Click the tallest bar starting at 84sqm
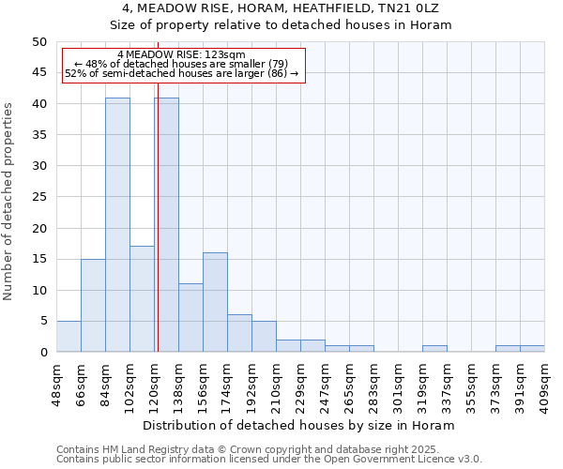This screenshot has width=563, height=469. coord(117,225)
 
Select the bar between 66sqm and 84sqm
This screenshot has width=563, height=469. coord(93,305)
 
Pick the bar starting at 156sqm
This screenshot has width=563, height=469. coord(215,302)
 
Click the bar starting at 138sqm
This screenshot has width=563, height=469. coord(190,317)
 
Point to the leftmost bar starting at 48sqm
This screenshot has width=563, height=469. coord(68,336)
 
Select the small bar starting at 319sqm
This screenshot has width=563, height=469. coord(434,348)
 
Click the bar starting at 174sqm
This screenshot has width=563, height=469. coord(239,333)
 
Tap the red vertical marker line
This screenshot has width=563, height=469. coord(158,234)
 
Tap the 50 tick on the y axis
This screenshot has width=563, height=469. coord(38,42)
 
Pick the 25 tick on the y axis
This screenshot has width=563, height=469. coord(38,197)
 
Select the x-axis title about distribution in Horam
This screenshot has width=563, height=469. coord(300,425)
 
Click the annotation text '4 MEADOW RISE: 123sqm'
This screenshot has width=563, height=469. coord(182,54)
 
